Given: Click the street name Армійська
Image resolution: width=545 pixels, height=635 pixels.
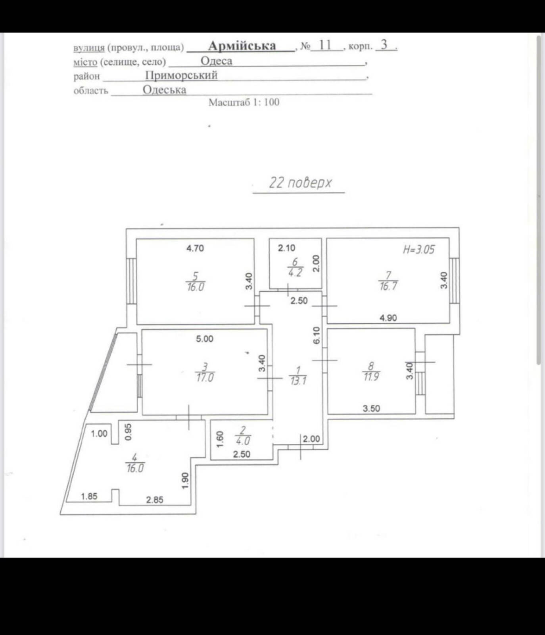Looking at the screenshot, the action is [242, 46].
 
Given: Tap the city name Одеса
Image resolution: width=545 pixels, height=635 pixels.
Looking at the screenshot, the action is [216, 61].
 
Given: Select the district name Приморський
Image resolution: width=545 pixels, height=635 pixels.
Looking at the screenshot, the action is [181, 75].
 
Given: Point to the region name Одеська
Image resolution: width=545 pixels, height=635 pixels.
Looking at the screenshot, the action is [165, 90].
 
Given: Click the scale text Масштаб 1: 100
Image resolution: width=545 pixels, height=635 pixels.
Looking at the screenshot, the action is [244, 102].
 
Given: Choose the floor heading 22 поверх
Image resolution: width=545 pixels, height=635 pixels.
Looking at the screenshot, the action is [300, 183].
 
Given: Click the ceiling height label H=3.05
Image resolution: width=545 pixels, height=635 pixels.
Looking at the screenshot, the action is [419, 250].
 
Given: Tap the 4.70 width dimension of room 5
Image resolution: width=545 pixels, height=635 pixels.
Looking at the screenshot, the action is [195, 248].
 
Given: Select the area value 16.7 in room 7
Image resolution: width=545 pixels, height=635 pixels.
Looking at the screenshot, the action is [388, 286].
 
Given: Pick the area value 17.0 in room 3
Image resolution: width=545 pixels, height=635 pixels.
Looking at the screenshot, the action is [205, 377].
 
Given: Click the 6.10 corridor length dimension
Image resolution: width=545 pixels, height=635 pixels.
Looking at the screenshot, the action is [316, 336].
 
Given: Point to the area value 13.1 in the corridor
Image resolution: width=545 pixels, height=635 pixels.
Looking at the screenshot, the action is [298, 381].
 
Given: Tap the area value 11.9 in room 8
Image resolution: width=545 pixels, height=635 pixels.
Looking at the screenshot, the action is [371, 376].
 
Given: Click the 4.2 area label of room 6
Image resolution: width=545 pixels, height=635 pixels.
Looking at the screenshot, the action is [295, 273].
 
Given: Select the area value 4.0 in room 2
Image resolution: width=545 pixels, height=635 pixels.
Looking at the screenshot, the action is [243, 441].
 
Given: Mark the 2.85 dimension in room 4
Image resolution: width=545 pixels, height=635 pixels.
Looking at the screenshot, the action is [155, 500].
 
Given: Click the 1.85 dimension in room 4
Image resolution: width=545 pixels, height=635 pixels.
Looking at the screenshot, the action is [89, 496].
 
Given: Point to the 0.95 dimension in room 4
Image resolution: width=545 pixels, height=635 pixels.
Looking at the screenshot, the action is [128, 432].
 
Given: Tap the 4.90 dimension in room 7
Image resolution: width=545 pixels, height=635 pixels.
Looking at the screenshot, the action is [388, 318].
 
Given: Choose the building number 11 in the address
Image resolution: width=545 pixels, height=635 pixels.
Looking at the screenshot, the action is [325, 45].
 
